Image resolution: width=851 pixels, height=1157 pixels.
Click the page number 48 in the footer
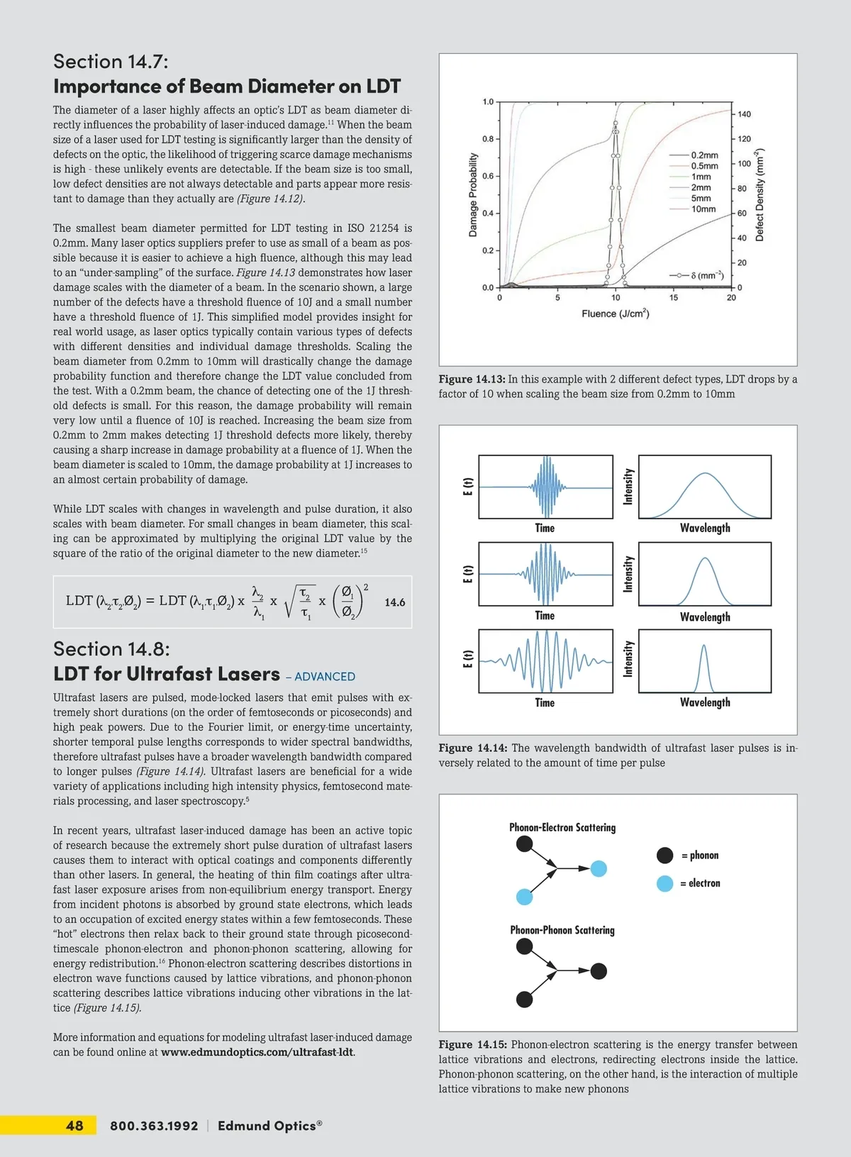(74, 1126)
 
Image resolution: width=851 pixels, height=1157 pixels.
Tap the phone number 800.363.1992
(154, 1126)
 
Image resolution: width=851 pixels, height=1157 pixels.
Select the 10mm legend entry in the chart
(703, 209)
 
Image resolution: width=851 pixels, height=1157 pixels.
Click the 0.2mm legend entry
(704, 155)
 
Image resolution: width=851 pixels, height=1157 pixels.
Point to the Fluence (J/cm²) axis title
(615, 314)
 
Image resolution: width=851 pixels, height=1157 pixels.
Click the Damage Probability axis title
(473, 195)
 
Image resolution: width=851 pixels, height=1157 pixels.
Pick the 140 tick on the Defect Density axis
(744, 114)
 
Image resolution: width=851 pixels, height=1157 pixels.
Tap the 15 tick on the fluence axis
(674, 298)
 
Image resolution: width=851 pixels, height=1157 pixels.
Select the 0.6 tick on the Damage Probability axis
(488, 176)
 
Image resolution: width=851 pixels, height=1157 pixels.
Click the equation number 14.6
(394, 602)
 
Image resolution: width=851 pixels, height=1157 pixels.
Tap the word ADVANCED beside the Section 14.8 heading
(325, 677)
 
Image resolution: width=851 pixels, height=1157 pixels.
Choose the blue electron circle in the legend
(664, 883)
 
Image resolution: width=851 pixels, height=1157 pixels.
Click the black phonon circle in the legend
(664, 856)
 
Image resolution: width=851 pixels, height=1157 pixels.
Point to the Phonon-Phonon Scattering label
(562, 930)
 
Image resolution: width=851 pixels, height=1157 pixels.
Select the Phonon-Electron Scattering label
(562, 827)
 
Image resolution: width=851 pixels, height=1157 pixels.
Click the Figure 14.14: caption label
(472, 748)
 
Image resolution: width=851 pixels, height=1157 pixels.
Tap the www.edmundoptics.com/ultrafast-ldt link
(257, 1052)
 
